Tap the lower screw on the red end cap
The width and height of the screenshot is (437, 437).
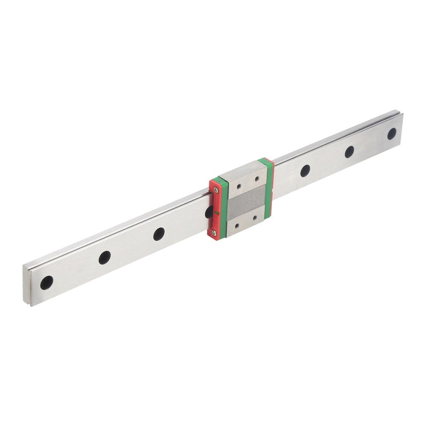(x=214, y=232)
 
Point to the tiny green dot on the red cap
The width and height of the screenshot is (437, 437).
(x=217, y=212)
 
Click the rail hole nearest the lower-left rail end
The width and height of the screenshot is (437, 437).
(x=47, y=282)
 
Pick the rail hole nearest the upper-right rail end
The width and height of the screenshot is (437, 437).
(x=392, y=134)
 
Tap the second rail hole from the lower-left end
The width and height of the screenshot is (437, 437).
(x=105, y=257)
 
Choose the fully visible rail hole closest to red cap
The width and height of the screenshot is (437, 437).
(x=159, y=234)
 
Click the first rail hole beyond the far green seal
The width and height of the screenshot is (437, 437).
(x=305, y=171)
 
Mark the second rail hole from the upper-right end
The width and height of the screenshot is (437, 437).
(x=350, y=151)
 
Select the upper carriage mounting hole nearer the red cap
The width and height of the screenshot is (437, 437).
(x=238, y=186)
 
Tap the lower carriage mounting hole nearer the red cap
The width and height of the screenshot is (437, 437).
(x=236, y=225)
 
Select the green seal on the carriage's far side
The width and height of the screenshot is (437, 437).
(x=269, y=188)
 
